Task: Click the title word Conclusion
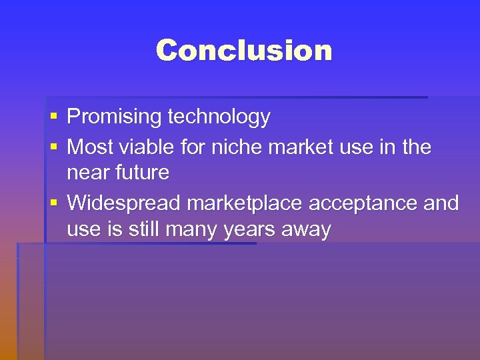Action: (x=244, y=51)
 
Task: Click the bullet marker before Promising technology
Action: (x=53, y=117)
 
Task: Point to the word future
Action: (x=143, y=173)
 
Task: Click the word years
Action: (x=251, y=230)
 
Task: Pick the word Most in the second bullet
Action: (x=89, y=147)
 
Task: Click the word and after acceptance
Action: (x=441, y=203)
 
